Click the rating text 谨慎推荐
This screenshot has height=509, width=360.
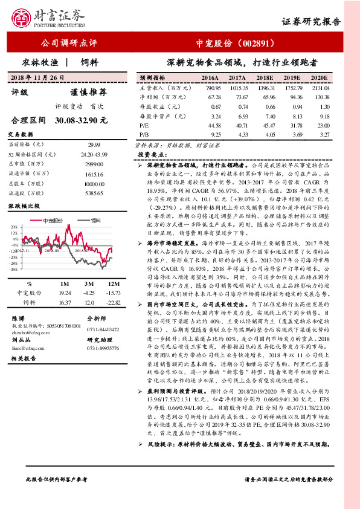[x=89, y=92]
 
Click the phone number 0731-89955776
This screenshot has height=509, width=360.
[x=104, y=349]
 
